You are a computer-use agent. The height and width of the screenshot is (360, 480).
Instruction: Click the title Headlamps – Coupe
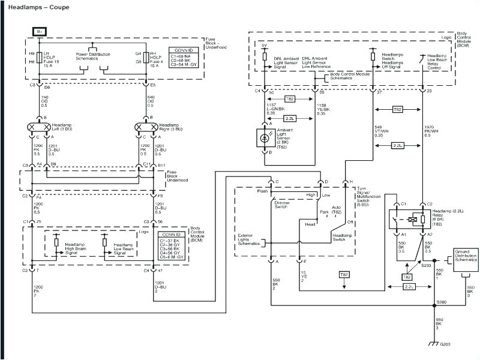click(x=38, y=8)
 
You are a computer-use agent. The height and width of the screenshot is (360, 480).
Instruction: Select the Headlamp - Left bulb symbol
click(x=39, y=127)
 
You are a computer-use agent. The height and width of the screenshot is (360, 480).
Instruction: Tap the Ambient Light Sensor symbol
click(x=263, y=137)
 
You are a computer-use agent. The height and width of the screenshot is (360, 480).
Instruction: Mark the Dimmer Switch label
click(x=282, y=205)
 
